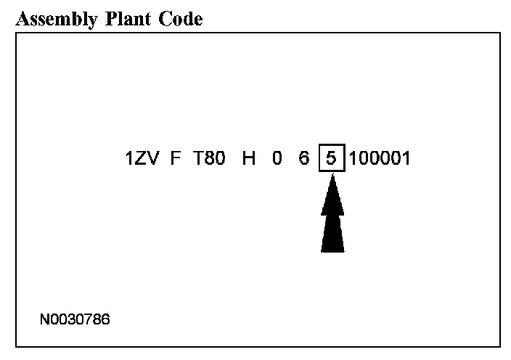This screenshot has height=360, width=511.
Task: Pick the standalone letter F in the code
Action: pos(175,157)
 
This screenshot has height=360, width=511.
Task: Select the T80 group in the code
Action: pos(209,157)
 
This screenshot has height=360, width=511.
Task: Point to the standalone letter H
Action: pos(249,157)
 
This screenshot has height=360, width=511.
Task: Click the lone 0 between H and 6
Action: pos(277,157)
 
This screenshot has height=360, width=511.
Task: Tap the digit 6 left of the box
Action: pos(303,157)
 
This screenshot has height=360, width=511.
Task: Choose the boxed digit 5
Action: pos(331,157)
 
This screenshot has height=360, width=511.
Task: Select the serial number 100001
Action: pos(380,157)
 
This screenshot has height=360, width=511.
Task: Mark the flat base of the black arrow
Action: pos(332,250)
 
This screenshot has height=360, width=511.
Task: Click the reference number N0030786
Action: pos(75,318)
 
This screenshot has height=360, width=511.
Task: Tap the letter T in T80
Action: pos(197,157)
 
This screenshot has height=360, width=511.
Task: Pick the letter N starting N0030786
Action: pos(45,318)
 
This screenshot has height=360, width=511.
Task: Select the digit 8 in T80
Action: pos(209,157)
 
